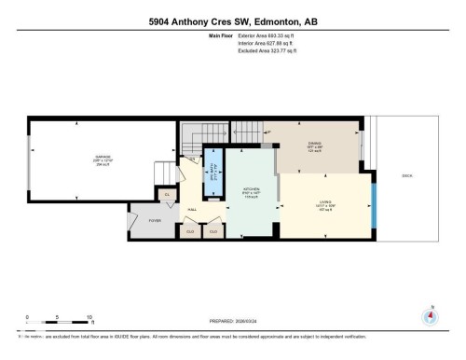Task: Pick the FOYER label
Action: tap(154, 221)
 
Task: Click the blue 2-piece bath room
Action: tap(212, 173)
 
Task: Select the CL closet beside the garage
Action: tap(167, 194)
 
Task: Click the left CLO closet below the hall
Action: tap(191, 230)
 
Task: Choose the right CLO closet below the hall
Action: tap(213, 230)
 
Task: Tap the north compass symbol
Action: tap(430, 315)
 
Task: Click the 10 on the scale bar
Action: tap(89, 316)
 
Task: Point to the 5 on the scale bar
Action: tap(58, 316)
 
